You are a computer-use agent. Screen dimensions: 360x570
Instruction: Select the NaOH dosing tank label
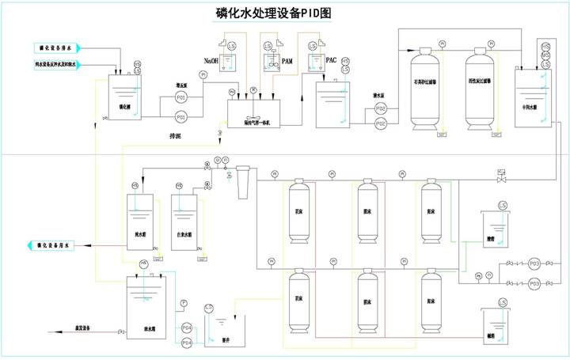click(x=211, y=60)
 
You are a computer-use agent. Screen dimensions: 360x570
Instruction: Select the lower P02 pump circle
click(x=381, y=124)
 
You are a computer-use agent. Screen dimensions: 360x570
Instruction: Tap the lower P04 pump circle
click(x=187, y=342)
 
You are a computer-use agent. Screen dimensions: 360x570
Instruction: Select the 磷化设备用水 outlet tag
click(x=51, y=246)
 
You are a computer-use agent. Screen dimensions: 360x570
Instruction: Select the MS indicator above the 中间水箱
click(x=545, y=55)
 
